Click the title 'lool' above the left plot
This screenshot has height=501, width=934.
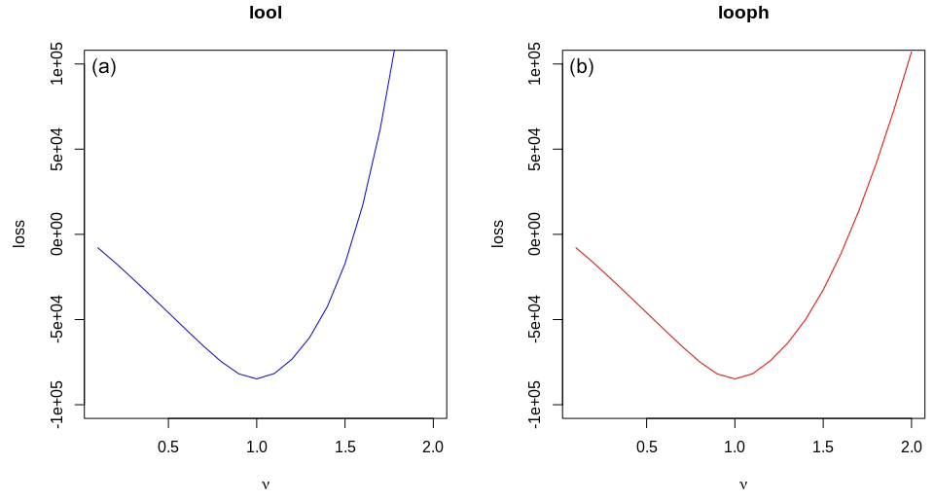[266, 14]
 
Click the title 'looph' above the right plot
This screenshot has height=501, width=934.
[743, 14]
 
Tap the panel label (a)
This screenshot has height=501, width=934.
[104, 67]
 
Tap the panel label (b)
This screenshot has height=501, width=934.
[582, 67]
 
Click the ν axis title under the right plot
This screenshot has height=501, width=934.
[743, 483]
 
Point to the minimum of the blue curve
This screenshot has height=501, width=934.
[257, 378]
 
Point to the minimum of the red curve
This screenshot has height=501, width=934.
[735, 378]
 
